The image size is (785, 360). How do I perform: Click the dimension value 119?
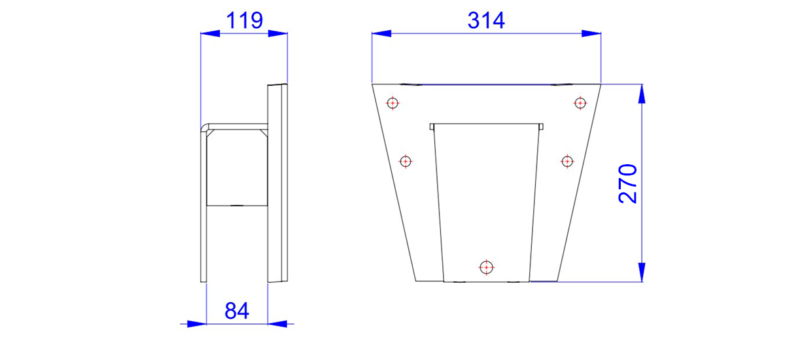pyautogui.click(x=244, y=20)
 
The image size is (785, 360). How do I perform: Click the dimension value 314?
pyautogui.click(x=486, y=20)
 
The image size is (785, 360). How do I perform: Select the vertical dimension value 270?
pyautogui.click(x=627, y=183)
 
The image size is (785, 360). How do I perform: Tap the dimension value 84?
pyautogui.click(x=237, y=310)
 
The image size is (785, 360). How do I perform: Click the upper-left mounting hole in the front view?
pyautogui.click(x=392, y=103)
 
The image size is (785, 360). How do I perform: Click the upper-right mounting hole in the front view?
pyautogui.click(x=580, y=103)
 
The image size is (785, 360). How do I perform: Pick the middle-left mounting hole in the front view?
pyautogui.click(x=406, y=161)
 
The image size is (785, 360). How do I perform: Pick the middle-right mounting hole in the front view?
pyautogui.click(x=567, y=161)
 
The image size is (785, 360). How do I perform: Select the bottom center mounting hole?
pyautogui.click(x=486, y=268)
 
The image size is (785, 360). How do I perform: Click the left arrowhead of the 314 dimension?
pyautogui.click(x=381, y=33)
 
